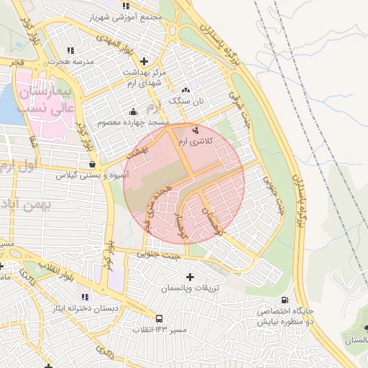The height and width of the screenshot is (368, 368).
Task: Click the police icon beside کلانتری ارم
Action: click(196, 130)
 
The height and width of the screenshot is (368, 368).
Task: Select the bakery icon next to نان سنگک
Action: click(186, 90)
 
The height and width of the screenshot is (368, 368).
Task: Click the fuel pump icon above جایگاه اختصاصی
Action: click(285, 300)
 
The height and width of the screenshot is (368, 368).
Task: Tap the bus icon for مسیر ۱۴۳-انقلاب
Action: click(159, 318)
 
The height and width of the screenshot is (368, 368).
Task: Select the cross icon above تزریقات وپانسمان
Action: click(190, 277)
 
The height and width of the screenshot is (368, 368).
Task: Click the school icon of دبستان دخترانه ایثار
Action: click(85, 297)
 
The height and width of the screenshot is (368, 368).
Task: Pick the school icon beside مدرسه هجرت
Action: click(70, 50)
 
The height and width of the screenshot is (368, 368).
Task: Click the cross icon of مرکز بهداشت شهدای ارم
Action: click(144, 62)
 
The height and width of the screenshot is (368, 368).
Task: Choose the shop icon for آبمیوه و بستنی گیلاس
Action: click(91, 165)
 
